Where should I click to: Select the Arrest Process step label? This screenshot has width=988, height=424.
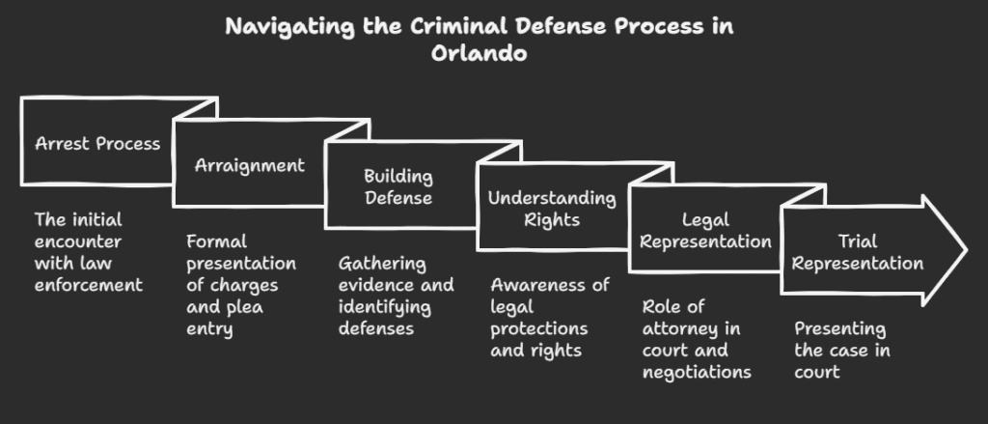[97, 144]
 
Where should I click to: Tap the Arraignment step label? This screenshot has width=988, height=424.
[250, 165]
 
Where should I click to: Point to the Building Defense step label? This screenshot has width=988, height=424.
[398, 186]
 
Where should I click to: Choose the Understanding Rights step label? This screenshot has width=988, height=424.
[551, 209]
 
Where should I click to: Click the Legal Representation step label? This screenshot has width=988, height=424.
[704, 231]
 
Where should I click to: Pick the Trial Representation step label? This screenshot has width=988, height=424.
[859, 252]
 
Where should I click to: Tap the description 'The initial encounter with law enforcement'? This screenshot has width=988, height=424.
[88, 251]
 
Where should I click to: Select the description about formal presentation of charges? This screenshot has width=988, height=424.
[241, 285]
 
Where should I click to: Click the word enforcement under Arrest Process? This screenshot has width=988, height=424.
[88, 284]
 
